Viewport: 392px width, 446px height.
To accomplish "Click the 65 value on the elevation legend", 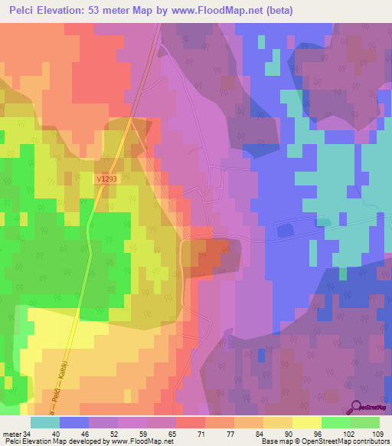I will tap(161, 435).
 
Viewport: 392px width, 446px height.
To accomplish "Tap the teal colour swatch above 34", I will tap(45, 422).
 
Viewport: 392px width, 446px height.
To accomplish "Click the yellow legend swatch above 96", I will tap(306, 422).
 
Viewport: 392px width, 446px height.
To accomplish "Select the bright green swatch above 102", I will tap(335, 422).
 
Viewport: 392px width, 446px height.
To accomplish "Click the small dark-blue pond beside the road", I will tap(286, 229).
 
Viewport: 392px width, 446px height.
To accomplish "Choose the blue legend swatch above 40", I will tap(74, 422).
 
